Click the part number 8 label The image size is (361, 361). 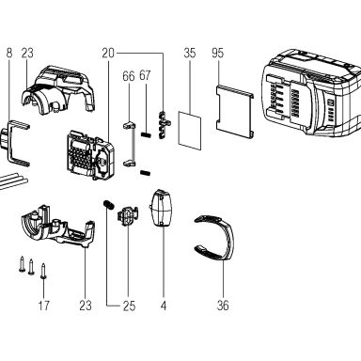click(9, 53)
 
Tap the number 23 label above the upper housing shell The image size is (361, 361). click(27, 53)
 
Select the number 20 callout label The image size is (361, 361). click(108, 53)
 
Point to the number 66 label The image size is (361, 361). click(129, 76)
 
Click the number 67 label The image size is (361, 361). click(145, 75)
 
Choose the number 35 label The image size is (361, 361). click(190, 53)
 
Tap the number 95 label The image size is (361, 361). click(217, 53)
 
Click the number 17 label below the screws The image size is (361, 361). click(44, 305)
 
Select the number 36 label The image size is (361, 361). click(223, 305)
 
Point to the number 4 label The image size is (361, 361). click(164, 306)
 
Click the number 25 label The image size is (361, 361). click(129, 306)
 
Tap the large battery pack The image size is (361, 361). click(311, 93)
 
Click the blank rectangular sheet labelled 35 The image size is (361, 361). click(190, 131)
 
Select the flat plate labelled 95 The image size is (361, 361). click(235, 111)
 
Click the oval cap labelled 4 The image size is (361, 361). click(162, 208)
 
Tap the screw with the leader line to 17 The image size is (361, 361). click(43, 271)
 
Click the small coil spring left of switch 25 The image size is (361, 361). click(108, 205)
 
